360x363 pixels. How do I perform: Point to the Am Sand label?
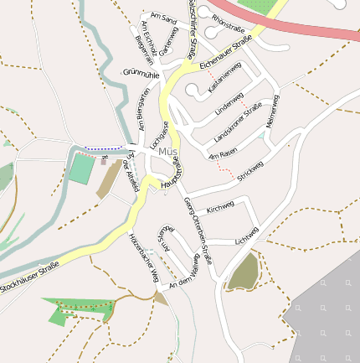pos(163,18)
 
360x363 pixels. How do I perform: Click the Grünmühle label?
pos(141,74)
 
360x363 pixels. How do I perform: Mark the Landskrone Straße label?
pos(239,121)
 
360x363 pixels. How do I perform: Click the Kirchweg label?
pos(220,206)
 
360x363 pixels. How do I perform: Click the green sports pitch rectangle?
pos(82,168)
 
